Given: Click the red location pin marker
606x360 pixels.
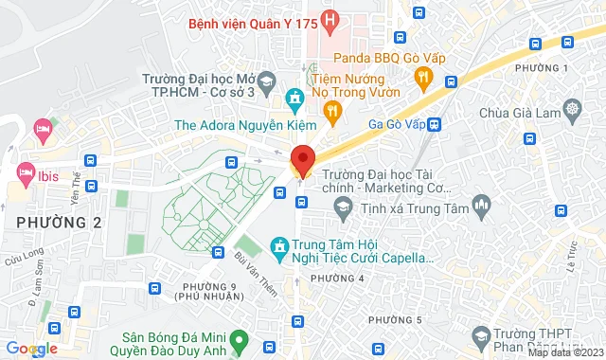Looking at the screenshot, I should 302,158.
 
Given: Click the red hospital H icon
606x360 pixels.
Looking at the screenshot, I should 330,19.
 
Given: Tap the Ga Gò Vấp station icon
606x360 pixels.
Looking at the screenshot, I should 435,123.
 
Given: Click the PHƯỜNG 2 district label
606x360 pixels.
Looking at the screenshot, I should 58,222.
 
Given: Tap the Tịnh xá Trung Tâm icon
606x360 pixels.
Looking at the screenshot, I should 482,204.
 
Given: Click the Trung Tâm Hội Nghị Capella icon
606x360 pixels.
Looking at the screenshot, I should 278,248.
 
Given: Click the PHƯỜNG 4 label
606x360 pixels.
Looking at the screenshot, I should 336,278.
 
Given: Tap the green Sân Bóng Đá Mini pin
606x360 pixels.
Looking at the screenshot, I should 241,336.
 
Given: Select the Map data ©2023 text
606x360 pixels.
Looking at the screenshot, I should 564,352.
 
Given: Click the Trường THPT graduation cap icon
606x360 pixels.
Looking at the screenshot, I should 481,336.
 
